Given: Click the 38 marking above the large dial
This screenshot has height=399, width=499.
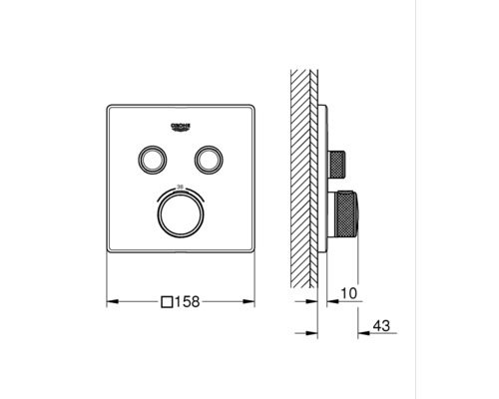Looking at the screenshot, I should [181, 187].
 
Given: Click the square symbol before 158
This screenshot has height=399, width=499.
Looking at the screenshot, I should [169, 299].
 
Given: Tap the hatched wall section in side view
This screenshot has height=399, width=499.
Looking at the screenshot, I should [303, 180].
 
